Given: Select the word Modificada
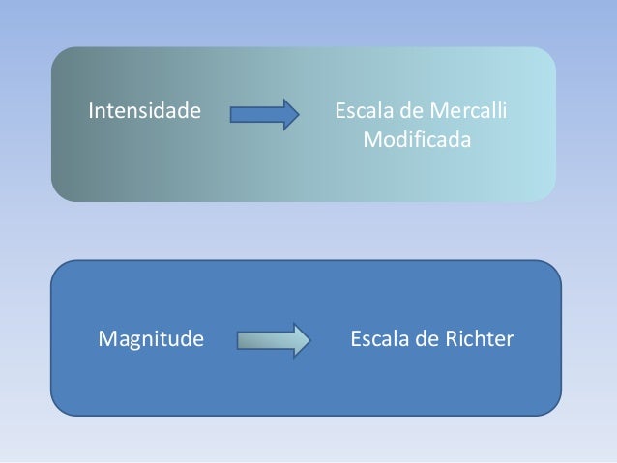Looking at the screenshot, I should point(417,141).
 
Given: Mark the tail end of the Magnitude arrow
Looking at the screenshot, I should point(237,340).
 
